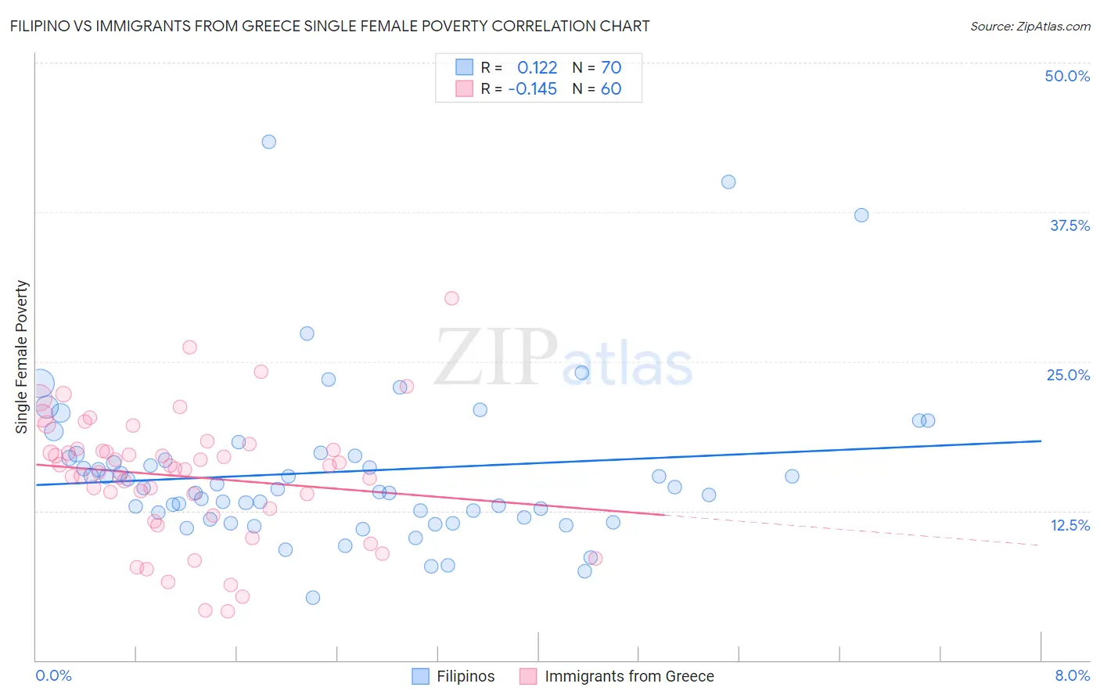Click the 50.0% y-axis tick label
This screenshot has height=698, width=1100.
click(1067, 76)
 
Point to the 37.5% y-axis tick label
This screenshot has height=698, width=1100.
click(1069, 225)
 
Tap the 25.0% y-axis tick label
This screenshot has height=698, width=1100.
click(1068, 375)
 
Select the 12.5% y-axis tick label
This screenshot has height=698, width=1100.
click(1069, 525)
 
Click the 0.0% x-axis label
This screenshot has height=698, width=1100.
click(53, 675)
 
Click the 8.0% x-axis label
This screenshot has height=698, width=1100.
click(1072, 675)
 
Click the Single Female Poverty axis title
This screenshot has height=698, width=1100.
click(22, 357)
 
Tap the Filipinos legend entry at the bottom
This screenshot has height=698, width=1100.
click(465, 676)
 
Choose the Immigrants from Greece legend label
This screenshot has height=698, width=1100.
click(629, 676)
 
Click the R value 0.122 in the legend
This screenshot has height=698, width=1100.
click(537, 67)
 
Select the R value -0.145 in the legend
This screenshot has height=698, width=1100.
click(532, 88)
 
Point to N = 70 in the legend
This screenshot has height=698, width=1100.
click(597, 67)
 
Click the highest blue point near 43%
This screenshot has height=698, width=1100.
click(268, 142)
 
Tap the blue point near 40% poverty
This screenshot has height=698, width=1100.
click(728, 182)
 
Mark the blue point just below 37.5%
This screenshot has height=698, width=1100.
click(861, 215)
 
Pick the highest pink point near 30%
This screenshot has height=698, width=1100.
click(451, 298)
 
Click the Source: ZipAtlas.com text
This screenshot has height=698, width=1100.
click(1030, 26)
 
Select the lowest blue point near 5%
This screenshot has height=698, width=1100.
click(313, 598)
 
